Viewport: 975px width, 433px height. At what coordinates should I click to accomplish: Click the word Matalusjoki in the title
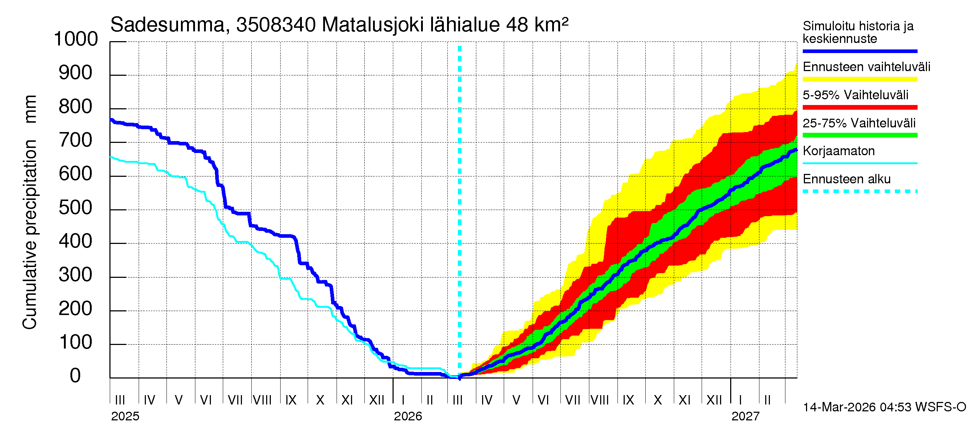372,25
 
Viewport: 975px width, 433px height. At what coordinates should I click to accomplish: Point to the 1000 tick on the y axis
76,39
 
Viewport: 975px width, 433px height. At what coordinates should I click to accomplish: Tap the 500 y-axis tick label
75,208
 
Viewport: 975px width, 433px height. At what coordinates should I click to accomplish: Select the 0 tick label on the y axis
75,376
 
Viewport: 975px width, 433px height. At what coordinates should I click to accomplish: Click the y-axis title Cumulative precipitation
30,235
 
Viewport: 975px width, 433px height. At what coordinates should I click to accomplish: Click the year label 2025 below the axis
125,416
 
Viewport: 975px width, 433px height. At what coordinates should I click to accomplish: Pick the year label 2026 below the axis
408,416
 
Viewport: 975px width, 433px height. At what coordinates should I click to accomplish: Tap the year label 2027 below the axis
745,416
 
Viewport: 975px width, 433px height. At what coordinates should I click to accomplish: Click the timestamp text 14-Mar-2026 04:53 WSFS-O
884,407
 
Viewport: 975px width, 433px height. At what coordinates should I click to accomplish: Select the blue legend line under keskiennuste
859,51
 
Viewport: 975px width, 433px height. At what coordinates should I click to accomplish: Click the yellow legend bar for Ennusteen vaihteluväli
859,79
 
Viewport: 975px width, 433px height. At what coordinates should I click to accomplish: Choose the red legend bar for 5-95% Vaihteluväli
859,108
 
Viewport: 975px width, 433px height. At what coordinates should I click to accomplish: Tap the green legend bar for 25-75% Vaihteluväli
859,135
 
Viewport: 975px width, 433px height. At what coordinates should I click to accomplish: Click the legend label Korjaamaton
838,151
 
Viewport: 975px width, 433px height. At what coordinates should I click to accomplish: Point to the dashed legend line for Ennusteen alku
859,191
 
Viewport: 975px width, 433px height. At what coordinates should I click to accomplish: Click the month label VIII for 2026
600,400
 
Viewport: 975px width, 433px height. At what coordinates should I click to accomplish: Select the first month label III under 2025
120,400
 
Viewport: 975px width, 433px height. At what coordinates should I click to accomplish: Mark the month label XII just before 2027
714,400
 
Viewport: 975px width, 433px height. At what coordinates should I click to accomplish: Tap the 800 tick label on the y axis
75,107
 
